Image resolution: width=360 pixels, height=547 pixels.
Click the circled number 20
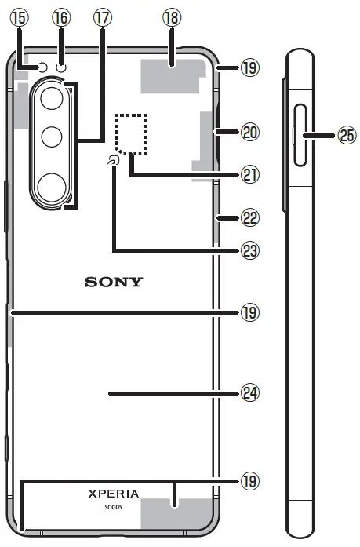click(249, 133)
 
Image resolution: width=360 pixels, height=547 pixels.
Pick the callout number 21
click(249, 176)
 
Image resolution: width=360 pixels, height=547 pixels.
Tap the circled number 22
click(249, 216)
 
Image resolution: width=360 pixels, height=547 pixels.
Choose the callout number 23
click(249, 251)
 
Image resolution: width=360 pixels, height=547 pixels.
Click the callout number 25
click(346, 136)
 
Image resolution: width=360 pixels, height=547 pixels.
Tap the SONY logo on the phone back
click(114, 282)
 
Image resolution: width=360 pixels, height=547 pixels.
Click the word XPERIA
click(114, 494)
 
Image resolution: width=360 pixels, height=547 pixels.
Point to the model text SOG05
click(114, 508)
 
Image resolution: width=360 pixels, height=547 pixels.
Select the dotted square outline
click(131, 133)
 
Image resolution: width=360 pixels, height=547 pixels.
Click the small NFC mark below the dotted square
click(115, 162)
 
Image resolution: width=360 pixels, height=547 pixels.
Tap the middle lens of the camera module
click(53, 137)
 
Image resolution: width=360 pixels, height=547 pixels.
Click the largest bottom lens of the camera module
click(53, 187)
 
